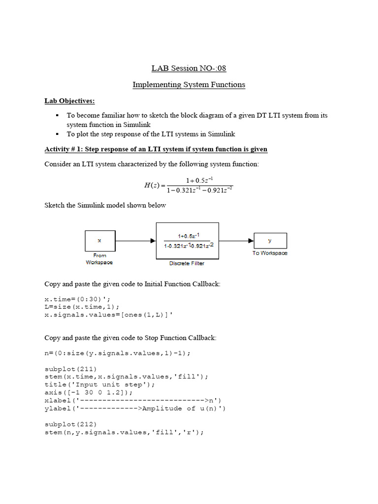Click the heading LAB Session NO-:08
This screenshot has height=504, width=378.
(x=189, y=68)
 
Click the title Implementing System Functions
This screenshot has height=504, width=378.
(x=189, y=85)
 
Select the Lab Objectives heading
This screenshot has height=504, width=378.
(x=69, y=101)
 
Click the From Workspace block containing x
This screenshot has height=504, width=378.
(x=100, y=241)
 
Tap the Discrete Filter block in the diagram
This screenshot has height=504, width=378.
(x=188, y=241)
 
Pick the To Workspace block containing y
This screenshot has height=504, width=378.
(x=270, y=241)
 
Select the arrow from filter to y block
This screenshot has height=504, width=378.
(x=236, y=241)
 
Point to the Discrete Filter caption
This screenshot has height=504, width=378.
(x=187, y=263)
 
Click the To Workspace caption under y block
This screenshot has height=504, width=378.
(x=270, y=253)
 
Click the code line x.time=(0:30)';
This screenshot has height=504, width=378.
(x=73, y=299)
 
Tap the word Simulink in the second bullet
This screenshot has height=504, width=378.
(x=221, y=134)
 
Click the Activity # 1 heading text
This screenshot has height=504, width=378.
(x=156, y=149)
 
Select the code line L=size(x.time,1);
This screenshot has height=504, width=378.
(x=82, y=307)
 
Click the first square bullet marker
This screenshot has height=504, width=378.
(x=57, y=115)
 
